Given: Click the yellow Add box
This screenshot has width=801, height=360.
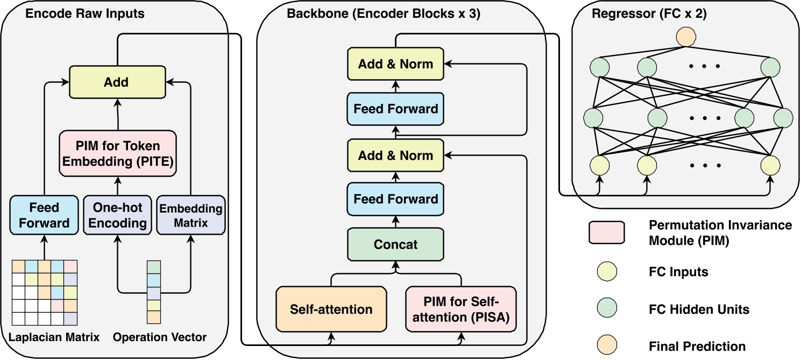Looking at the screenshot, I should tap(117, 82).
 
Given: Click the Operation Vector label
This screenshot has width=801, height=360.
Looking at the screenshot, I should tap(160, 337).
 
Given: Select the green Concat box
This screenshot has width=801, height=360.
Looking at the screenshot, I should tap(395, 244).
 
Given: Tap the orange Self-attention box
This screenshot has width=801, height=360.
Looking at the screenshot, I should tap(331, 309).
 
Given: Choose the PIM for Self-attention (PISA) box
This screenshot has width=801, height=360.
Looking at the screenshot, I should tap(461, 309).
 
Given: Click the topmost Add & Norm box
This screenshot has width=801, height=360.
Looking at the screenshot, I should tap(395, 65).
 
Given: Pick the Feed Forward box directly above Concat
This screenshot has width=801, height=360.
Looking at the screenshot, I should tap(395, 199).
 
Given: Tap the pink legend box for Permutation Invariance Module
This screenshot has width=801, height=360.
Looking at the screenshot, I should tap(606, 233).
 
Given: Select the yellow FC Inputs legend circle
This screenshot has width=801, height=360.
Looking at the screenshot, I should tap(606, 272).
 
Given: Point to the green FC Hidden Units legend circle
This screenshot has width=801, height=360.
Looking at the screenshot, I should tap(606, 309).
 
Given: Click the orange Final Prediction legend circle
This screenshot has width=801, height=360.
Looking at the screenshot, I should tap(606, 345).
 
